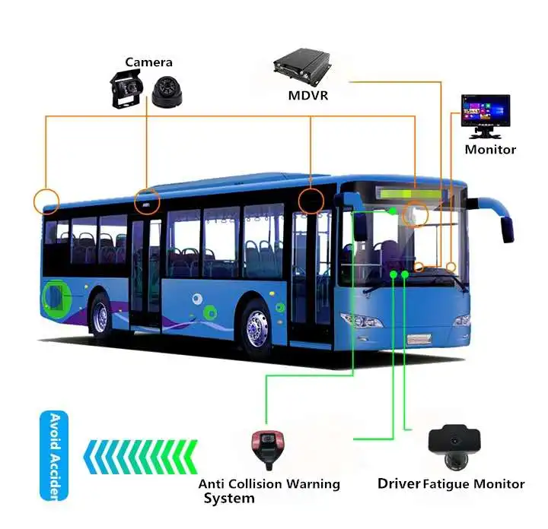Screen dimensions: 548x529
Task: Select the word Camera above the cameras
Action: pos(149,62)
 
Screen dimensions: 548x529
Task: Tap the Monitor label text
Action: pos(490,150)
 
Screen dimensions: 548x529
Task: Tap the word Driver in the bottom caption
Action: pos(399,483)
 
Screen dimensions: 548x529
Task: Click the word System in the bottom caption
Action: pos(228,499)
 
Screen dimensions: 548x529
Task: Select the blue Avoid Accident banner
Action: pos(53,455)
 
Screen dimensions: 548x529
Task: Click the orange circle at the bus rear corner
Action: pos(46,201)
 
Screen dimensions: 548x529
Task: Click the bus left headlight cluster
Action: pos(362,319)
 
